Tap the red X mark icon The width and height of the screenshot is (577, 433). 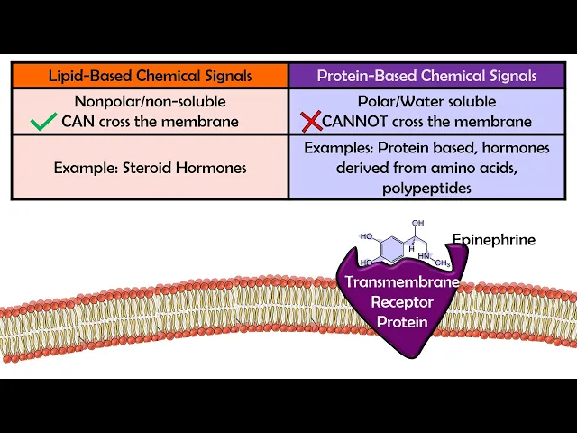pyautogui.click(x=310, y=121)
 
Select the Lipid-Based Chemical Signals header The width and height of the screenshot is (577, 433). pyautogui.click(x=150, y=76)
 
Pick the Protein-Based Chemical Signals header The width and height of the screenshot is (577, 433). pyautogui.click(x=426, y=76)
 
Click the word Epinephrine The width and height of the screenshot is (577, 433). pyautogui.click(x=493, y=240)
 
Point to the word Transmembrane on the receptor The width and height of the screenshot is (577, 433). pyautogui.click(x=402, y=281)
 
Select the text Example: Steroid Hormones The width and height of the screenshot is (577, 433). pyautogui.click(x=150, y=168)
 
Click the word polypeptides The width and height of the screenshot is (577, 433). pyautogui.click(x=426, y=188)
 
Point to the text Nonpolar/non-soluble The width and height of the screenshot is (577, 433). pyautogui.click(x=150, y=102)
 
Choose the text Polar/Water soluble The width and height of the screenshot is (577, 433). pyautogui.click(x=426, y=102)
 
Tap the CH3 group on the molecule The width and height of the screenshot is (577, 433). pyautogui.click(x=442, y=263)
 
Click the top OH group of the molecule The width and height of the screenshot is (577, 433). pyautogui.click(x=417, y=222)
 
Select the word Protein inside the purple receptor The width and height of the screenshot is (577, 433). pyautogui.click(x=402, y=321)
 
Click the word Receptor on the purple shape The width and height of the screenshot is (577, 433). pyautogui.click(x=402, y=301)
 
